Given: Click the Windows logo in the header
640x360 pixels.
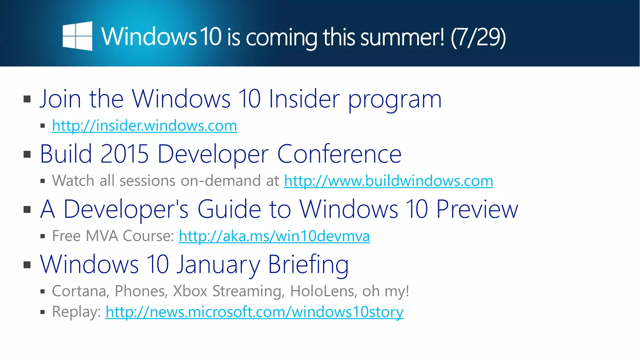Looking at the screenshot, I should (x=77, y=36).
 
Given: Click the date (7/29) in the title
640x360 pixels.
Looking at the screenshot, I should (x=478, y=37).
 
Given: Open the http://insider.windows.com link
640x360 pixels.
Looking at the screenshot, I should (x=144, y=126).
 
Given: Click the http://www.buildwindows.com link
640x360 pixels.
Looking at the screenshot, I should (x=388, y=181).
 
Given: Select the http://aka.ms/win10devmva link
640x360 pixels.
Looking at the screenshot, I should (x=274, y=236).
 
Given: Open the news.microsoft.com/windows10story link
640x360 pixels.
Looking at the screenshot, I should (x=254, y=312).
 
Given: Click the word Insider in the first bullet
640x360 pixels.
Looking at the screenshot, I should (x=304, y=99).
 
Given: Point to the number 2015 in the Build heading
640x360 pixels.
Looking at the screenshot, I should (x=124, y=154).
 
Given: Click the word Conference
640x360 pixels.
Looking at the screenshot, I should (x=339, y=154).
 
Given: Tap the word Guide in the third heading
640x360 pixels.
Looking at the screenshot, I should (x=229, y=209).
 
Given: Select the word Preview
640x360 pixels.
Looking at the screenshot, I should (x=477, y=209).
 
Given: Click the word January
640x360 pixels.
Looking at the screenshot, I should (x=218, y=265).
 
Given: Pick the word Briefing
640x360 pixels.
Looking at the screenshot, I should (x=308, y=265).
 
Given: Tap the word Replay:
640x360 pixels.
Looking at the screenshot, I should (x=76, y=312).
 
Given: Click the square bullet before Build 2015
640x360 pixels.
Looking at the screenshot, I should (x=27, y=154).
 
